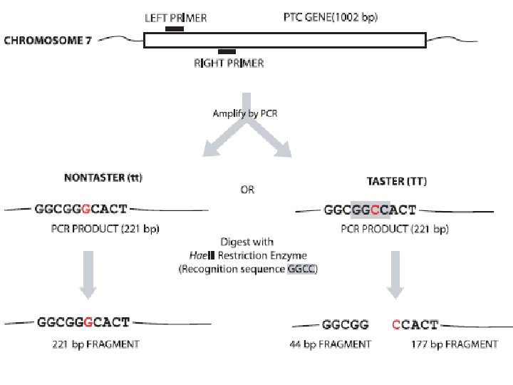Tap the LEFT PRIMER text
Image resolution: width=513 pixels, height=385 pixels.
(x=175, y=18)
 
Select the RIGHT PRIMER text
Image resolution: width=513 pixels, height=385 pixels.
(x=229, y=63)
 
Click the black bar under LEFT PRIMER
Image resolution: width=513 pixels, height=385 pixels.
(x=174, y=29)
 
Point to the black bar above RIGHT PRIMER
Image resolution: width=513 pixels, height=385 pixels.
(x=227, y=51)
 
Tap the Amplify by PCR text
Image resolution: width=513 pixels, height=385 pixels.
(x=244, y=113)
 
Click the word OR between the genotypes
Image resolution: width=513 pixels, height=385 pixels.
(x=246, y=190)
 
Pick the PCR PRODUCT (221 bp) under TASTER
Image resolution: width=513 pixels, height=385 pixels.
(x=394, y=229)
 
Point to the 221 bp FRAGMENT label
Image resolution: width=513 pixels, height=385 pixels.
(x=95, y=344)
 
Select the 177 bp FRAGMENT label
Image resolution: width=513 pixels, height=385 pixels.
(x=455, y=344)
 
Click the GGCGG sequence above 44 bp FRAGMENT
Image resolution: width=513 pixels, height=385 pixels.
(x=346, y=325)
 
